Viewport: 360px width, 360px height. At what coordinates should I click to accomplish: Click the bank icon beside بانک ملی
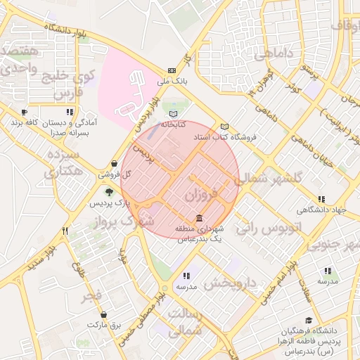click(x=172, y=71)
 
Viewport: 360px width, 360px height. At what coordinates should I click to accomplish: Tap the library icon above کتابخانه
click(x=174, y=113)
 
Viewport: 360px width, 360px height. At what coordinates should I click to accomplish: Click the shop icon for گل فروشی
click(x=113, y=163)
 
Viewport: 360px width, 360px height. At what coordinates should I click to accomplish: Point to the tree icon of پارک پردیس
click(x=108, y=191)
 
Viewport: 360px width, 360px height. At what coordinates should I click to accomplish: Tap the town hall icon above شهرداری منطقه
click(x=200, y=219)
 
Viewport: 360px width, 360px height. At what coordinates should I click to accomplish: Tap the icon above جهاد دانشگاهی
click(x=321, y=199)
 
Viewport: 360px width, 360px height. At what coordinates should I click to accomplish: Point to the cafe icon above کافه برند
click(x=25, y=112)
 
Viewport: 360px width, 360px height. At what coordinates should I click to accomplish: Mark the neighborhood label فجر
click(x=92, y=295)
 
